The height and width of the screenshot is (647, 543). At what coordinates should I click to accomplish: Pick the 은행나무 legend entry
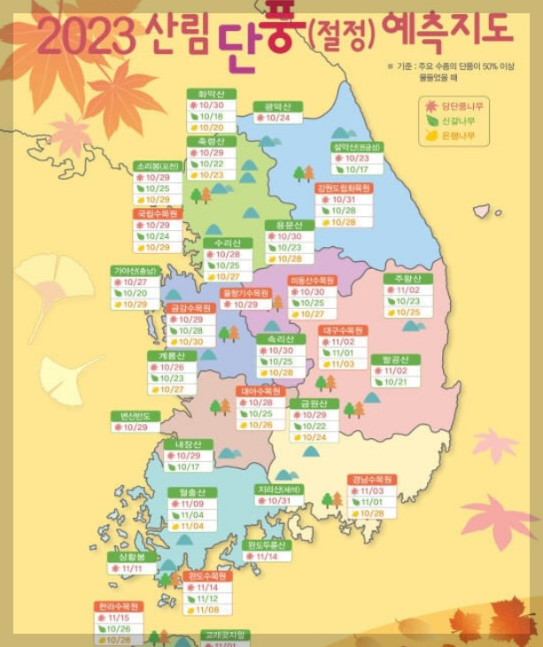[462, 135]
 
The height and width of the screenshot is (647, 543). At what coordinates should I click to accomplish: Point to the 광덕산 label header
[277, 105]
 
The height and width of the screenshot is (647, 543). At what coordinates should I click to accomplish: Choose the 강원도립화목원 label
[344, 188]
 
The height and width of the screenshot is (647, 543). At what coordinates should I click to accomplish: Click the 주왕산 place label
[407, 279]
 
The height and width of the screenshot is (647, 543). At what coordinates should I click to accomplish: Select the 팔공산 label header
[395, 359]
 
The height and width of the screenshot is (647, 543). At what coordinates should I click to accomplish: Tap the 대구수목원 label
[343, 329]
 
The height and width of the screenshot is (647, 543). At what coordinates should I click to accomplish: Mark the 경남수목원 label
[371, 479]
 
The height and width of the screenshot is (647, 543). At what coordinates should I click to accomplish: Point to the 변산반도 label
[135, 415]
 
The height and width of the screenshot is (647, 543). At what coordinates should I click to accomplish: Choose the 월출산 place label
[192, 491]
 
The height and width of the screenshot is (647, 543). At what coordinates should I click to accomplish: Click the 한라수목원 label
[118, 606]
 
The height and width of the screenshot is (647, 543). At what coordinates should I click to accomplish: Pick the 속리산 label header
[281, 338]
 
